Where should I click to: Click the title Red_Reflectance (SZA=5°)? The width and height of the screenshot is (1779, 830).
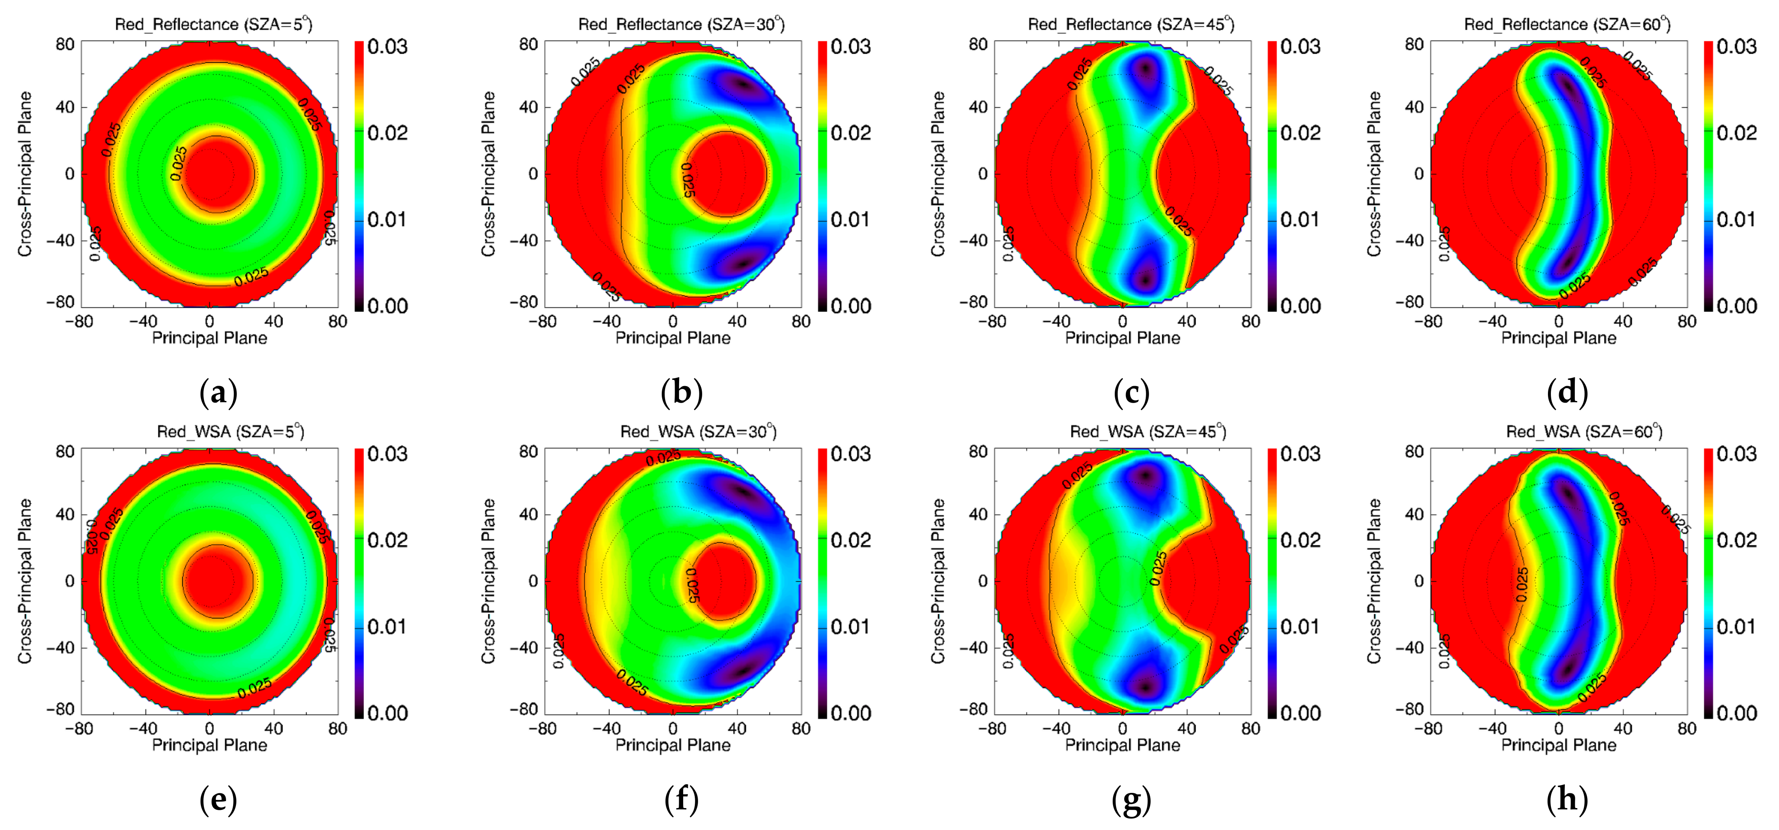coord(213,24)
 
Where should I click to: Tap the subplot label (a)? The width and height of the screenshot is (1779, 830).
coord(218,392)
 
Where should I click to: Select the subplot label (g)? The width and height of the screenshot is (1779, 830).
coord(1131,799)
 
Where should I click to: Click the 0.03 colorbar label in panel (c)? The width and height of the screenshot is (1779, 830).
coord(1300,47)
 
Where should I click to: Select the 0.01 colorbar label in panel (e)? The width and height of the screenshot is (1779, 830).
coord(387,627)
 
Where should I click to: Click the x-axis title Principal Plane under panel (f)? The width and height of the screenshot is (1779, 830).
coord(672,745)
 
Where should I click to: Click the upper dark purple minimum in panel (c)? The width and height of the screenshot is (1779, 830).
coord(1147,69)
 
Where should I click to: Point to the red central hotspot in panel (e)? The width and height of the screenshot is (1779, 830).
coord(217,581)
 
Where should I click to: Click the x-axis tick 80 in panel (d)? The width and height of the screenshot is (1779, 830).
coord(1687,321)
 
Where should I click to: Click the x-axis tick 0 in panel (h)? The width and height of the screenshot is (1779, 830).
coord(1559,729)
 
